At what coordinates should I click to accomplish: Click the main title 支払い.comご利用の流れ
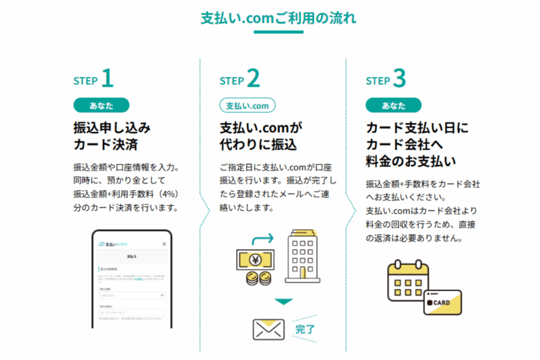tap(278, 18)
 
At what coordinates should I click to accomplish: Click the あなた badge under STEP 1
tap(101, 105)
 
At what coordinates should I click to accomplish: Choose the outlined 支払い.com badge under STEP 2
tap(247, 105)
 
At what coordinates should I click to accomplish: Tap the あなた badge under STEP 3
tap(393, 105)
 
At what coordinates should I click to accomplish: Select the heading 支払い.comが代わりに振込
tap(263, 135)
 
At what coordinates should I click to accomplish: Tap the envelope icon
tap(269, 329)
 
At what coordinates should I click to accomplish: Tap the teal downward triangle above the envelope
tap(283, 302)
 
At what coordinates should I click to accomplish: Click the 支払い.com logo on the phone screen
tap(113, 244)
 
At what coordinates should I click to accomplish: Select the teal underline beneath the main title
tap(278, 32)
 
